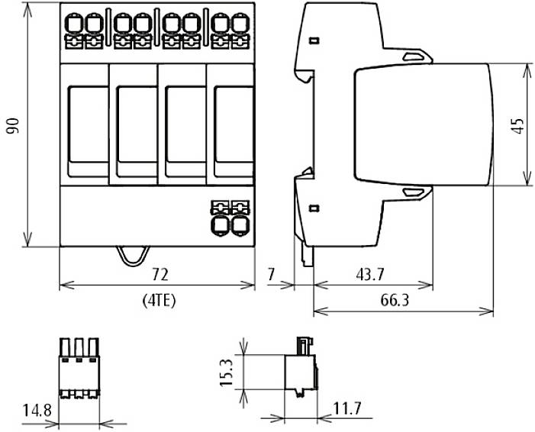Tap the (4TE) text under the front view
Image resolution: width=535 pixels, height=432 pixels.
[159, 300]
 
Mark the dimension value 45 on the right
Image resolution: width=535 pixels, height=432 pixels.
[518, 126]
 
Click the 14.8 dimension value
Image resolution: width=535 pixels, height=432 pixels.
[36, 411]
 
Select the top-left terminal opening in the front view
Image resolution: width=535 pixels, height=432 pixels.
[73, 24]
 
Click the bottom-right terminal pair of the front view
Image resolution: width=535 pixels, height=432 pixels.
[230, 218]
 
